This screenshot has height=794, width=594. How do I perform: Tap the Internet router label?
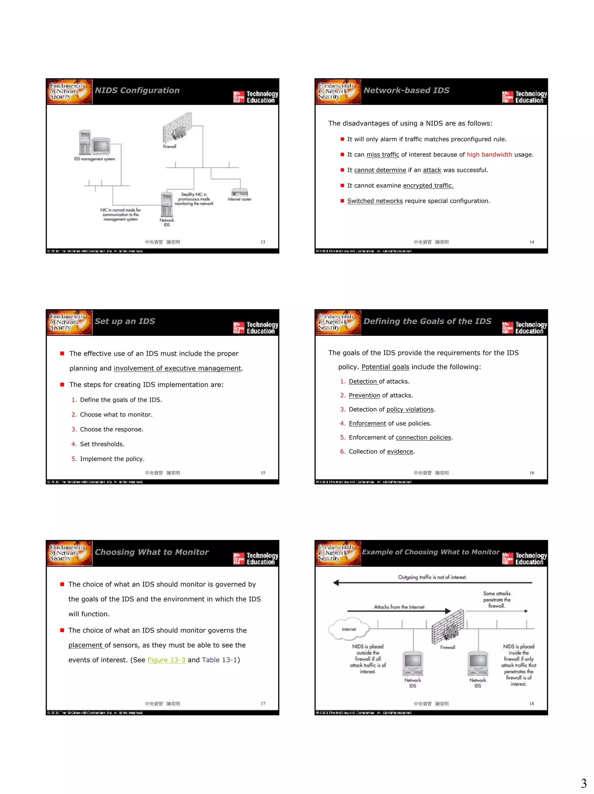pyautogui.click(x=239, y=199)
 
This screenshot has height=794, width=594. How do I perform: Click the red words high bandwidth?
pyautogui.click(x=489, y=155)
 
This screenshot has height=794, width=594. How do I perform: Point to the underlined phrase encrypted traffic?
pyautogui.click(x=428, y=186)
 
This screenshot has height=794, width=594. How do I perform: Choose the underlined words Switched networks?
pyautogui.click(x=375, y=201)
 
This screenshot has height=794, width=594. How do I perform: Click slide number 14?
pyautogui.click(x=532, y=242)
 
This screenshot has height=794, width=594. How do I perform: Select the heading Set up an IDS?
pyautogui.click(x=125, y=321)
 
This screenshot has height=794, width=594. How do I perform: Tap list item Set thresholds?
pyautogui.click(x=102, y=444)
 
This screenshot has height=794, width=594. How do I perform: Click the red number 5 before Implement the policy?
pyautogui.click(x=74, y=459)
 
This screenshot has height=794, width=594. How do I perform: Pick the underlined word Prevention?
pyautogui.click(x=364, y=396)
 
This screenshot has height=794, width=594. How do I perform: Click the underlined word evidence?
pyautogui.click(x=400, y=452)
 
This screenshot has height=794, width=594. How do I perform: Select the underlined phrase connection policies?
pyautogui.click(x=423, y=438)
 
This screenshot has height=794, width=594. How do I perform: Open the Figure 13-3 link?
pyautogui.click(x=166, y=660)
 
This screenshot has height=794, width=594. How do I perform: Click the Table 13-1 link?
pyautogui.click(x=219, y=660)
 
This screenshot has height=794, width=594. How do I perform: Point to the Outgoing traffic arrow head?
pyautogui.click(x=336, y=583)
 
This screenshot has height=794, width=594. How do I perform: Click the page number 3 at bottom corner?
pyautogui.click(x=584, y=783)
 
